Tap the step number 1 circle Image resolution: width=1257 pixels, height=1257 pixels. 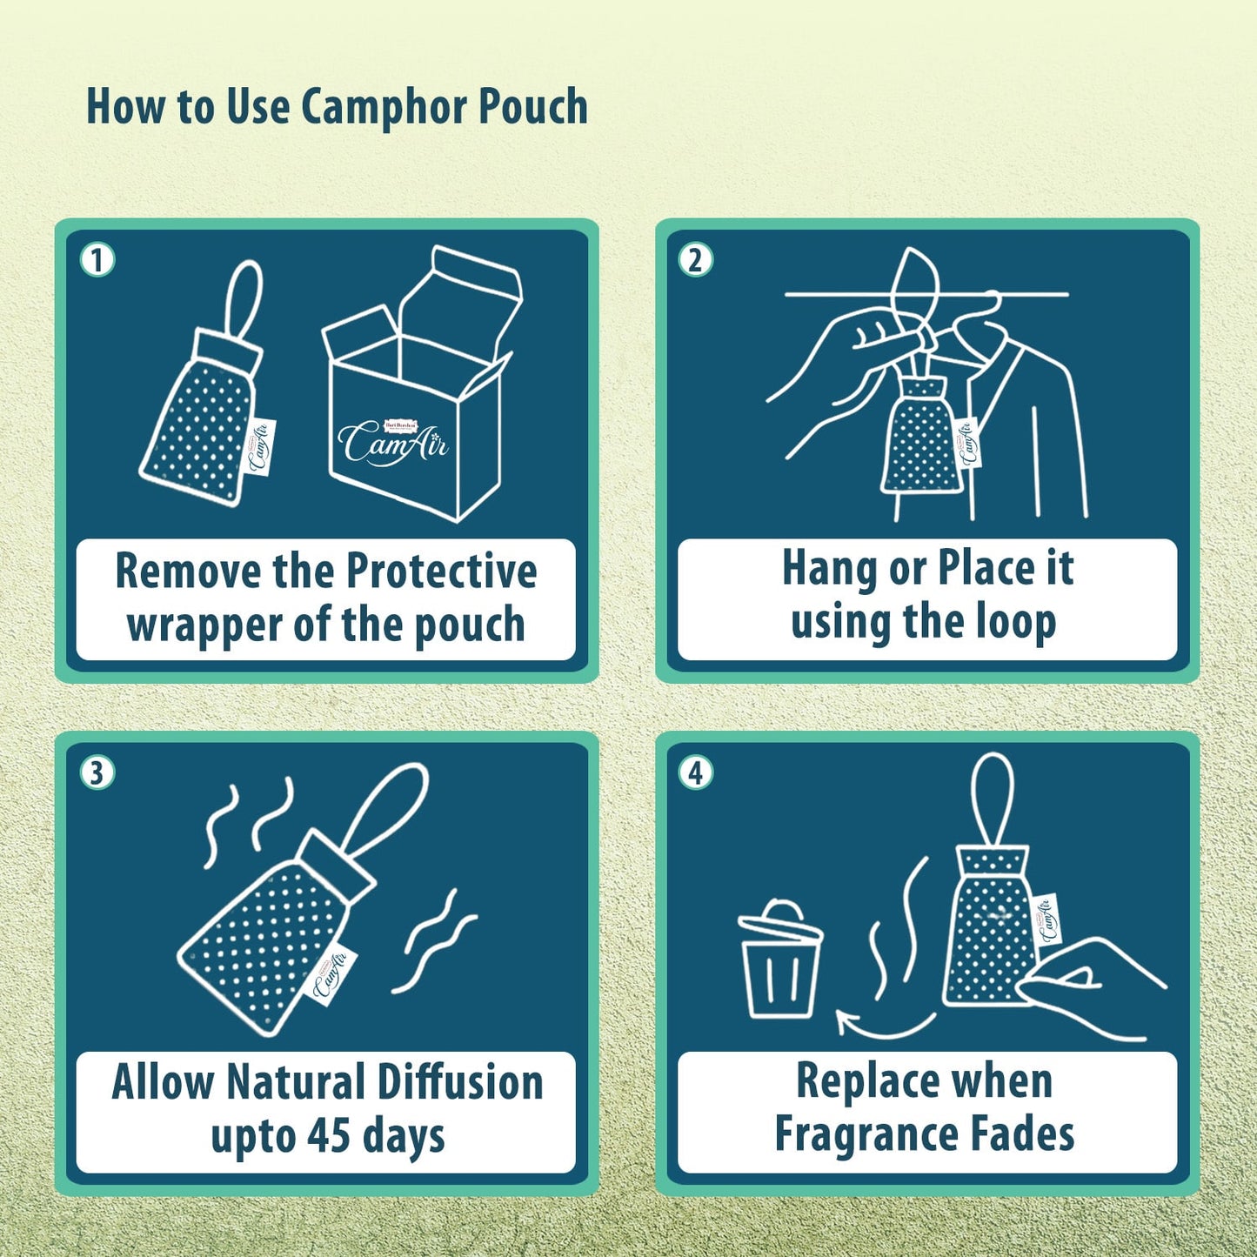coord(97,259)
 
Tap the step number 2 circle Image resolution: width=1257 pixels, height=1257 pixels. coord(695,259)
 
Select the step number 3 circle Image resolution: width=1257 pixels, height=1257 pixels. coord(97,772)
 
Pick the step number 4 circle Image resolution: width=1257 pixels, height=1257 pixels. coord(695,772)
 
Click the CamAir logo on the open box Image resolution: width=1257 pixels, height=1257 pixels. coord(393,442)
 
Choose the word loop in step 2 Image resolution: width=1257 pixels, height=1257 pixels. coord(1015,622)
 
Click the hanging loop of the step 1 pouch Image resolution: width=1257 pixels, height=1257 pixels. coord(243,297)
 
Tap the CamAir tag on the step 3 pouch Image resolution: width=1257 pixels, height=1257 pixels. coord(331,973)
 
